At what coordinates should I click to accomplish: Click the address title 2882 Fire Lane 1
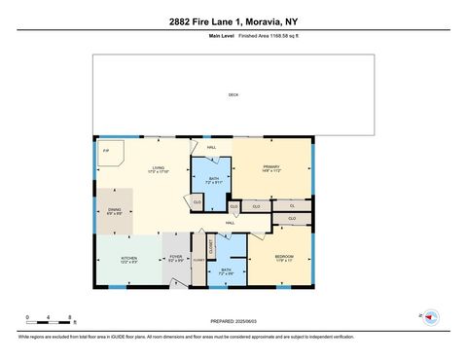tap(233, 20)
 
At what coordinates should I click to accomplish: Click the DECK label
tap(233, 94)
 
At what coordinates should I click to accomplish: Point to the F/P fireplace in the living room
tap(106, 152)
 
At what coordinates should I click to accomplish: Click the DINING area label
tap(113, 210)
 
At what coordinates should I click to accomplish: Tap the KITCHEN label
tap(127, 259)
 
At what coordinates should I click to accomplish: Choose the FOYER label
tap(176, 259)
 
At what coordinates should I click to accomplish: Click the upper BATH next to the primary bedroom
tap(213, 179)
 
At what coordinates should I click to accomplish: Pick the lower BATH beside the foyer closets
tap(226, 271)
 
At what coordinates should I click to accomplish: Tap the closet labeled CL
tap(291, 205)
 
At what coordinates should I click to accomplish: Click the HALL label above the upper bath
tap(211, 148)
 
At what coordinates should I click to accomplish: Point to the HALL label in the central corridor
tap(231, 223)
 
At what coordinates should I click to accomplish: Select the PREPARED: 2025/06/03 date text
tap(233, 321)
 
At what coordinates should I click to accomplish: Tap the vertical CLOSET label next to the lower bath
tap(209, 245)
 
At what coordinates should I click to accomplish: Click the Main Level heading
tap(223, 35)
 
